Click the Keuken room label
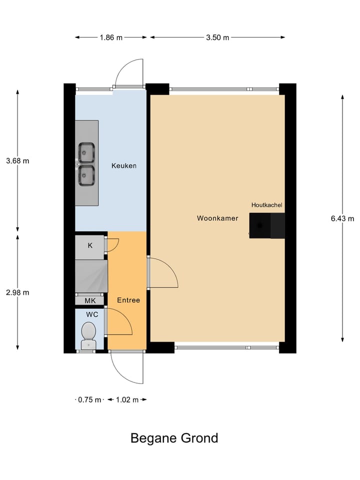pyautogui.click(x=124, y=165)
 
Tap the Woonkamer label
pyautogui.click(x=217, y=218)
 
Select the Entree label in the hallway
pyautogui.click(x=128, y=300)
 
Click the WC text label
pyautogui.click(x=91, y=315)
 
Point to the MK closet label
pyautogui.click(x=90, y=300)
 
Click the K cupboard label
pyautogui.click(x=90, y=245)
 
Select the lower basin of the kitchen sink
pyautogui.click(x=86, y=174)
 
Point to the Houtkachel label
pyautogui.click(x=266, y=205)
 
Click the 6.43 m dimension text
pyautogui.click(x=342, y=218)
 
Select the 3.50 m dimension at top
pyautogui.click(x=217, y=37)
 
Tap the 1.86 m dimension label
pyautogui.click(x=111, y=37)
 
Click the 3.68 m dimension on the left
pyautogui.click(x=18, y=160)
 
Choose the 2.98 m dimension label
pyautogui.click(x=18, y=292)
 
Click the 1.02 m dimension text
pyautogui.click(x=127, y=399)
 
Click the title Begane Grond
pyautogui.click(x=174, y=438)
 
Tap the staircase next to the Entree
pyautogui.click(x=91, y=276)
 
